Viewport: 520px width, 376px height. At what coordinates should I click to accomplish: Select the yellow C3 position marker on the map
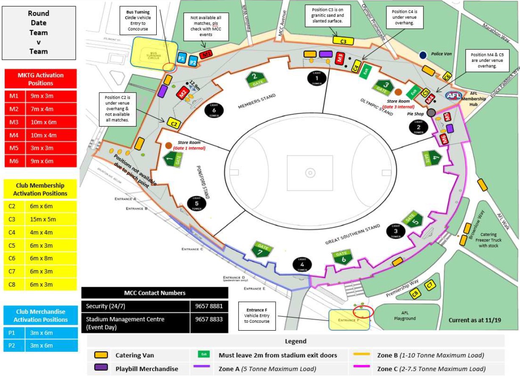point(343,41)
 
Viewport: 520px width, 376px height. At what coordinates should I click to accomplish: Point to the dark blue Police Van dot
point(423,55)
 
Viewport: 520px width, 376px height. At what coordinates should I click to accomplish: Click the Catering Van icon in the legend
point(101,355)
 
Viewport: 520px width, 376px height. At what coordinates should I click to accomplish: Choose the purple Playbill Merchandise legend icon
point(101,368)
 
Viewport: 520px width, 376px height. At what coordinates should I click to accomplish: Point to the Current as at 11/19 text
point(474,320)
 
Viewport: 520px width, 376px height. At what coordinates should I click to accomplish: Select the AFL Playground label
point(404,315)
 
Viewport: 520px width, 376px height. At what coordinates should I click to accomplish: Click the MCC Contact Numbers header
point(155,293)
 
